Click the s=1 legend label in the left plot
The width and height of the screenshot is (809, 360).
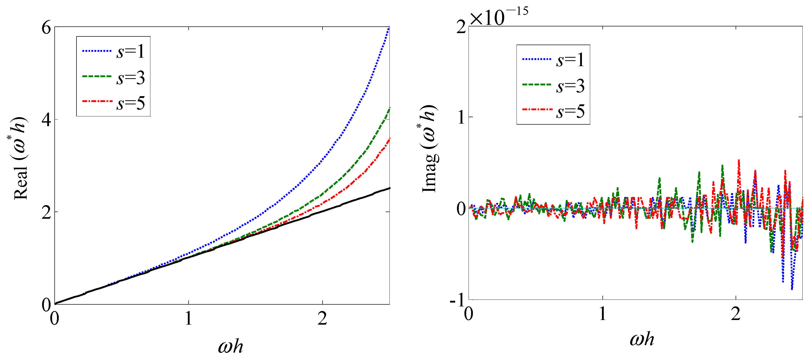click(130, 52)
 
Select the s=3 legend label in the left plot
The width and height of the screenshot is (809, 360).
click(130, 78)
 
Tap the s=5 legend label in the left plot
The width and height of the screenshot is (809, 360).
click(130, 103)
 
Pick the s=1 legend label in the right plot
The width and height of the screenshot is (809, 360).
click(570, 60)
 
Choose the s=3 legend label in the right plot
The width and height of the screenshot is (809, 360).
click(570, 86)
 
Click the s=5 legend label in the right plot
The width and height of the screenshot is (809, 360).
click(570, 112)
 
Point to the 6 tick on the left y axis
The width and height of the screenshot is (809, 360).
click(46, 28)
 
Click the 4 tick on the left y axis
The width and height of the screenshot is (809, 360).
click(46, 120)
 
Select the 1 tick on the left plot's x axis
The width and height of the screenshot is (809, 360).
click(188, 318)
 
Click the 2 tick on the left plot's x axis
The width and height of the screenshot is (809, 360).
click(322, 318)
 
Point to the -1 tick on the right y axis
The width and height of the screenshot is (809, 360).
click(457, 300)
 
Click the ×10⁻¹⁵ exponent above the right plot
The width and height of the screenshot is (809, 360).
click(499, 16)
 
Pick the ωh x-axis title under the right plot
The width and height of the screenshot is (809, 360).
click(642, 339)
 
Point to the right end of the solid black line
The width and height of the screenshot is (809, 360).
click(389, 188)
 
